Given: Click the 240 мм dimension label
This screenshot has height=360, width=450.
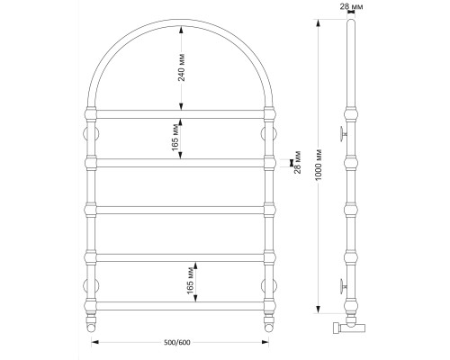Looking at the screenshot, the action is [182, 67].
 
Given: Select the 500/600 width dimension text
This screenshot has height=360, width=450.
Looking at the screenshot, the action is [177, 342].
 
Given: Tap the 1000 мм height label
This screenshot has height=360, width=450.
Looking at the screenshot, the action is [319, 165].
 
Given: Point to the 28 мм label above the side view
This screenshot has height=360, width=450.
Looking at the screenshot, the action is [351, 6].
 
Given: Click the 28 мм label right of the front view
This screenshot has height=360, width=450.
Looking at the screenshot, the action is [297, 162].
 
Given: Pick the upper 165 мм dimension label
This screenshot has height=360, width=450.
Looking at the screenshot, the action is [175, 139].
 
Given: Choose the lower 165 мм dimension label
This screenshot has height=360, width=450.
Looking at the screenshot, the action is [190, 282].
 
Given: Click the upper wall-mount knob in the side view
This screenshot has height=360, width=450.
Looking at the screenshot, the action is [343, 134].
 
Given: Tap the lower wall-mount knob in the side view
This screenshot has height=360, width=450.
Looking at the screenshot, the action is [343, 286].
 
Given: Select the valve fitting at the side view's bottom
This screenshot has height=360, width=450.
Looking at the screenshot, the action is [349, 326].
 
